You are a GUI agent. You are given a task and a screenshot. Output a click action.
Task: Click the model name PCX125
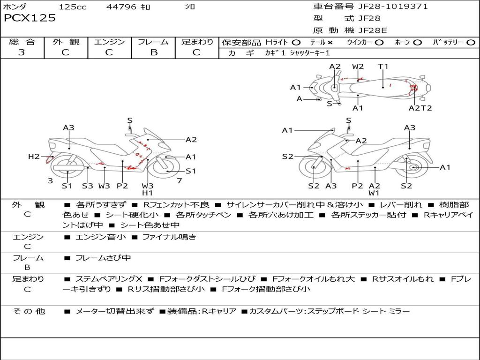(30, 18)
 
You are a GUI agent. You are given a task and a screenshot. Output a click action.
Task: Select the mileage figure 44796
(121, 7)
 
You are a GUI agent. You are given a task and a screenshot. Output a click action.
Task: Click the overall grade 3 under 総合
(22, 52)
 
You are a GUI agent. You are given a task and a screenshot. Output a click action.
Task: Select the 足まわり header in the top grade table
(197, 42)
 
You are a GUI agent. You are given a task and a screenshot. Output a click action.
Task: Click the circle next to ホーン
(418, 43)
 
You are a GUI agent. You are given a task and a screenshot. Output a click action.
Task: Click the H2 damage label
(34, 157)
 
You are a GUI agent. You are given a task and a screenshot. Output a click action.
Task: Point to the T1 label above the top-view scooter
(383, 67)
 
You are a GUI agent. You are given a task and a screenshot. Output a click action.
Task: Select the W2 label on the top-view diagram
(358, 67)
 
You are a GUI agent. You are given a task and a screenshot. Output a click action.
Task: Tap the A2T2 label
(420, 108)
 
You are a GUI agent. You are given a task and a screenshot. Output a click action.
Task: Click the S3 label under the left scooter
(88, 186)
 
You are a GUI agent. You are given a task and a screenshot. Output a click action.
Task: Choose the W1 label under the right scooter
(374, 193)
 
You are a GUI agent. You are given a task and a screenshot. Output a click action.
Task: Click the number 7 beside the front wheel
(180, 181)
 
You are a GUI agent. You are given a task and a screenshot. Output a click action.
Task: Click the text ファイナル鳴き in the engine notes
(169, 237)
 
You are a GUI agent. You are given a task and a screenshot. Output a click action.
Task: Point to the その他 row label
(28, 311)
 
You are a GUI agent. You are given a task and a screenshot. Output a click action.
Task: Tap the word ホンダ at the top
(15, 7)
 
